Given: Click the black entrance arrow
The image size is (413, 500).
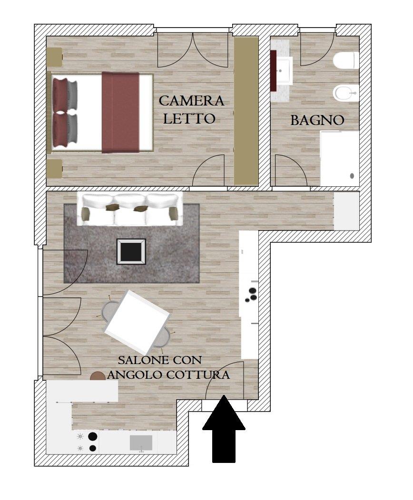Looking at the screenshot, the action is (x=224, y=429).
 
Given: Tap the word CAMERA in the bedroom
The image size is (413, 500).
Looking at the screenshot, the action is (x=191, y=101).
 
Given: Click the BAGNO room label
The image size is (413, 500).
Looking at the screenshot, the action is (x=317, y=121).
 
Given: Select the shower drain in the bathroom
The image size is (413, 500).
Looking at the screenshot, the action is (x=352, y=176).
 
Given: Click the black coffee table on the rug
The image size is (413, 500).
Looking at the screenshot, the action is (x=131, y=251).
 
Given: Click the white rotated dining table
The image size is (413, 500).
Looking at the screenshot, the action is (x=137, y=319).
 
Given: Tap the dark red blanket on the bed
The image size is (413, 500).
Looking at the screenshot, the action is (x=120, y=113).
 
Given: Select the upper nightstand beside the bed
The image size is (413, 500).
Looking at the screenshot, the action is (x=54, y=57).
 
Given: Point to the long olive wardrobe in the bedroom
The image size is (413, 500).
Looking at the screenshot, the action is (x=246, y=111).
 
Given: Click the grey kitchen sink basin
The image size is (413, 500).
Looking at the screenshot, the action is (x=141, y=443).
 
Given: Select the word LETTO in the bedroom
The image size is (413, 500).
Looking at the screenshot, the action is (x=189, y=119).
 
